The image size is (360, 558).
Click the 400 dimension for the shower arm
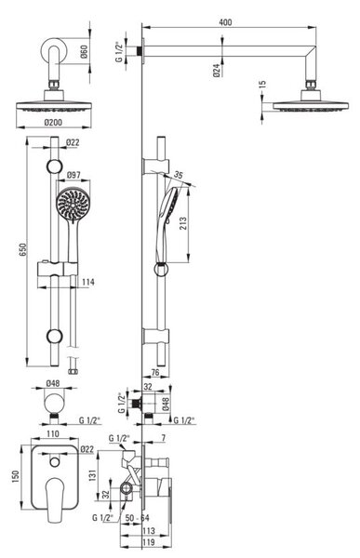click(225, 22)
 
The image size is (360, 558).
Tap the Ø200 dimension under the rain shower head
click(53, 123)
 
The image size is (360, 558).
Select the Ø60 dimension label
click(84, 52)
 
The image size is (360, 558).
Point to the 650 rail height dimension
click(22, 250)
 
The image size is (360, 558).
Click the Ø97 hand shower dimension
click(73, 175)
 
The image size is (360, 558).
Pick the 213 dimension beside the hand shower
click(183, 223)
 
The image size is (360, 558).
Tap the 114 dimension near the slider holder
click(88, 282)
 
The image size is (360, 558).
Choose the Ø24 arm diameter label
click(217, 71)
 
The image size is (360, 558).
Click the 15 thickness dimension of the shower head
click(262, 85)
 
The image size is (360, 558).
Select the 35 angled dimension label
click(179, 175)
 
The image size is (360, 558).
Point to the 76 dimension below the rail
click(155, 373)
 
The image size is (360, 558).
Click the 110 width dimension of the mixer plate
click(53, 434)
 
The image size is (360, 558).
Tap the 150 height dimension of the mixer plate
click(15, 477)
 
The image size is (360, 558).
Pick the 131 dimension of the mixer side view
click(92, 475)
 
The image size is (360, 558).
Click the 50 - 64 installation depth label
click(137, 518)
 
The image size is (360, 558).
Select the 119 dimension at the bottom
click(149, 542)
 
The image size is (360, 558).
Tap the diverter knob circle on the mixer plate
click(55, 462)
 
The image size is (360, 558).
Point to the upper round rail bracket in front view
click(55, 166)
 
